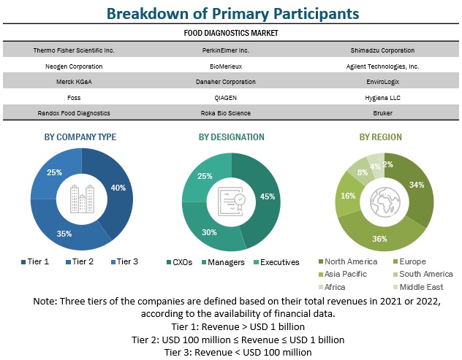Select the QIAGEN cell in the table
pyautogui.click(x=231, y=97)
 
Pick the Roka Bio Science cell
pyautogui.click(x=231, y=113)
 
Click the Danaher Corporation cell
pyautogui.click(x=231, y=82)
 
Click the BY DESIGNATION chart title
pyautogui.click(x=231, y=137)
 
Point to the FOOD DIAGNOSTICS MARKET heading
pyautogui.click(x=231, y=33)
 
